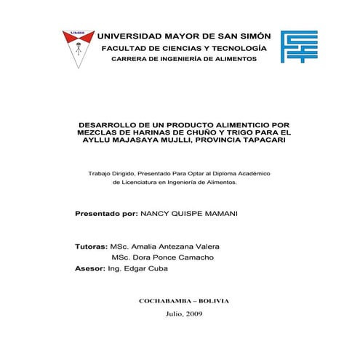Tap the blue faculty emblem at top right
[x=299, y=47]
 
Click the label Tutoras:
[x=92, y=247]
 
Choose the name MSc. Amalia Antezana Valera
[x=165, y=247]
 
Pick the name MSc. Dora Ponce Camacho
[x=162, y=257]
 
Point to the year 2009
[x=194, y=313]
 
